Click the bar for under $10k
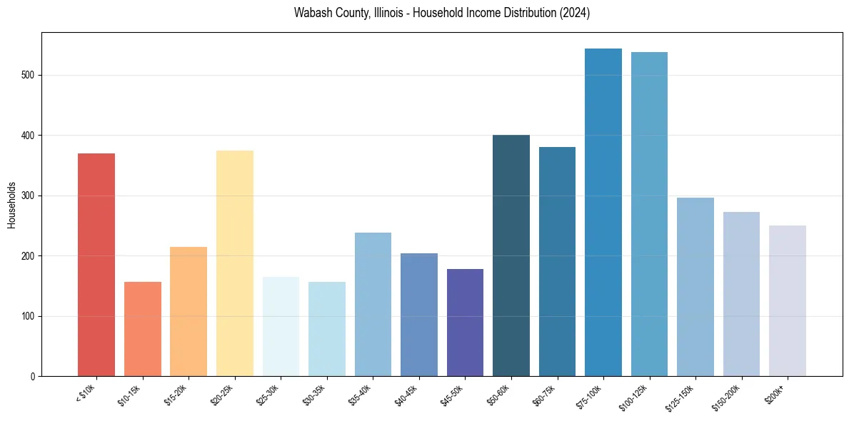(x=96, y=265)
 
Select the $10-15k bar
(x=142, y=329)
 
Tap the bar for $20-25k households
(x=234, y=263)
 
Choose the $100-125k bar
(x=649, y=214)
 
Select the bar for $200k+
(x=788, y=300)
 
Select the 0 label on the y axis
(x=33, y=377)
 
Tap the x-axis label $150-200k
(x=728, y=397)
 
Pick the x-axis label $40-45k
(x=408, y=395)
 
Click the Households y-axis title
(x=11, y=204)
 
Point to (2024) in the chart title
(x=574, y=13)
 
